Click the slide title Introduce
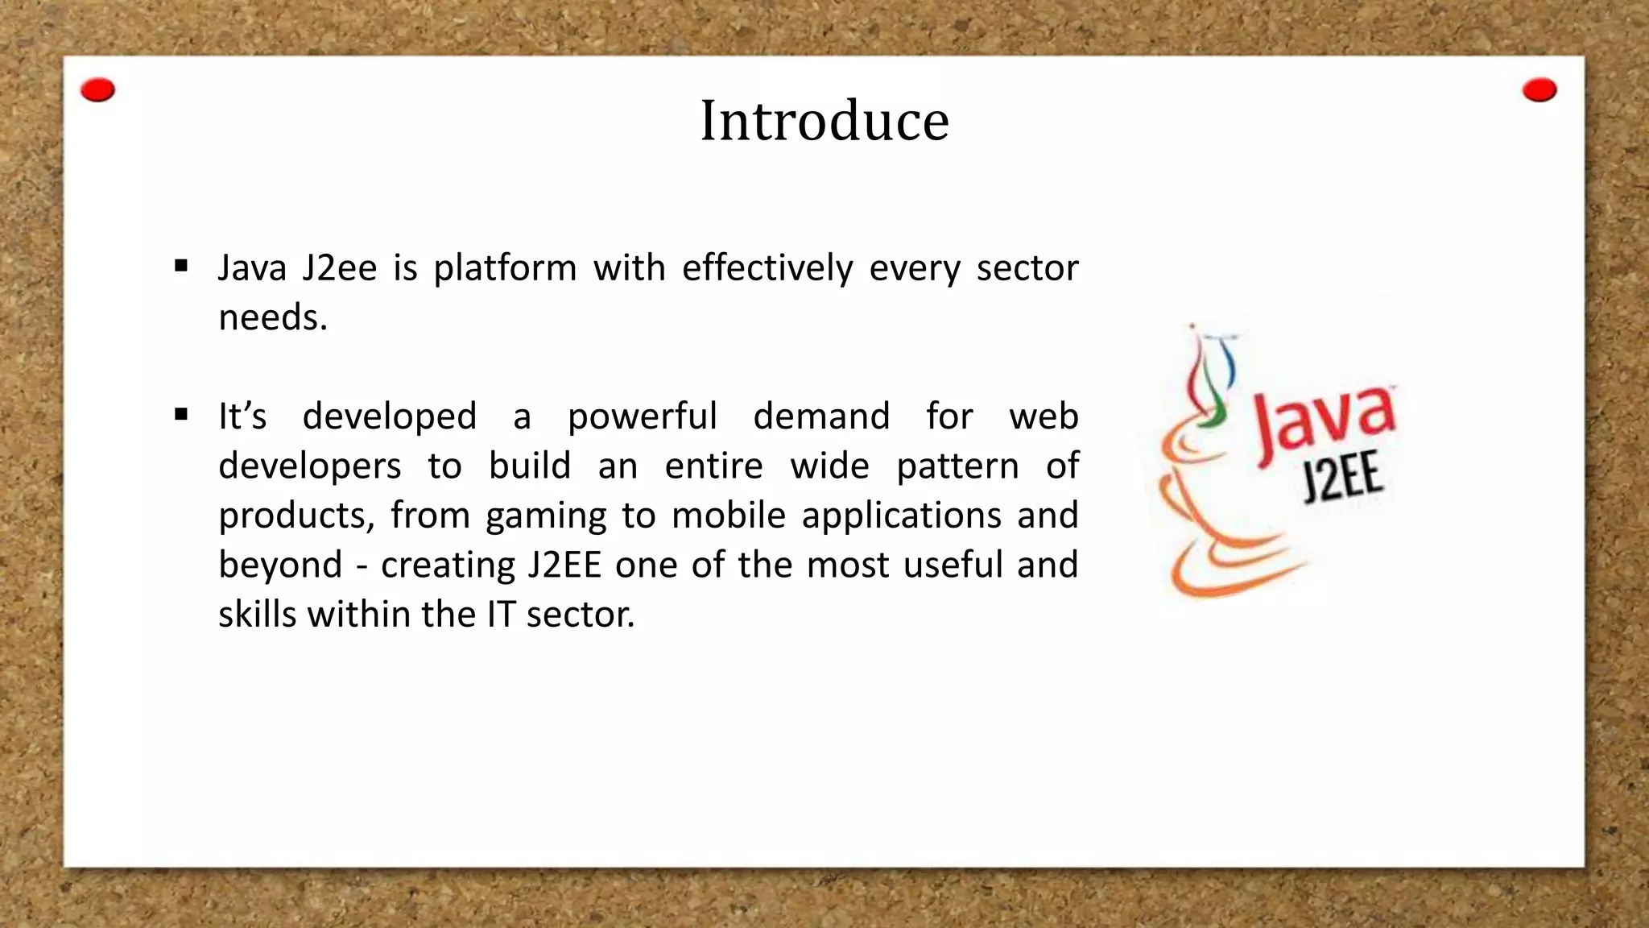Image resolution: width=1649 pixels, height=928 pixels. tap(824, 121)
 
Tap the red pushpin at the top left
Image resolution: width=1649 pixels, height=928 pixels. tap(98, 90)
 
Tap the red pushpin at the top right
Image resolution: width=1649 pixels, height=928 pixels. tap(1539, 90)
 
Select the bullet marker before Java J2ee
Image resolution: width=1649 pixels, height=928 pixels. tap(181, 266)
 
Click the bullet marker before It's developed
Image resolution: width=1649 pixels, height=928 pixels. tap(181, 415)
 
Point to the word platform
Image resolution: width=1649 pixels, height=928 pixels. tap(505, 269)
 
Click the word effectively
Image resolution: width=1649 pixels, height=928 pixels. tap(767, 268)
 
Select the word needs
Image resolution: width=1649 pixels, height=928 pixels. tap(272, 318)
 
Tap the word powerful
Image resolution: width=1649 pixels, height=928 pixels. tap(642, 417)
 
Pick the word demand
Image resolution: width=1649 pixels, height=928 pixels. tap(821, 416)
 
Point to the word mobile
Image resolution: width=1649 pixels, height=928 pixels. tap(728, 516)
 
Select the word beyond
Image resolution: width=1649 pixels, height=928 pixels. tap(280, 565)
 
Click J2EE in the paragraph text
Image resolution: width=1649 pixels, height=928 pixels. tap(564, 565)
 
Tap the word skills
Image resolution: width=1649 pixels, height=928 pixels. tap(258, 615)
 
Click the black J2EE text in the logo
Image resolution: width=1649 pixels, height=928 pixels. tap(1342, 478)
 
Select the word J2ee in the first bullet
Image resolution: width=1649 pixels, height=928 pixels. tap(339, 268)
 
